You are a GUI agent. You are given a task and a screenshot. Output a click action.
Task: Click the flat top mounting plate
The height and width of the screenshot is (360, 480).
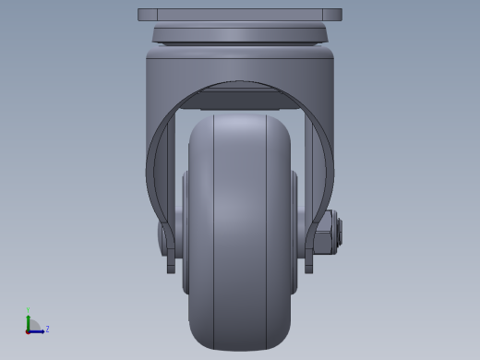pos(240,15)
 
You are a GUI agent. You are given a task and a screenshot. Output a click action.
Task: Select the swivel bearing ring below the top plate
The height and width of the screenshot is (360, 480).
pos(240,35)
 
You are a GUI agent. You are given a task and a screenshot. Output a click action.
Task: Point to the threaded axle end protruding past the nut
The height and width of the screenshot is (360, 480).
pos(339,232)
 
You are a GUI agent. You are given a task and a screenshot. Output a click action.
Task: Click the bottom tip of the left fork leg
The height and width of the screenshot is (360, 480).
pos(171,269)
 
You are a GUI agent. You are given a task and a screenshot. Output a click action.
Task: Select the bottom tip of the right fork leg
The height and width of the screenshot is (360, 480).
pos(309,269)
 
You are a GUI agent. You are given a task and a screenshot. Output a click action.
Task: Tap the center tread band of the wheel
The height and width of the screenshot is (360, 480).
pos(240,231)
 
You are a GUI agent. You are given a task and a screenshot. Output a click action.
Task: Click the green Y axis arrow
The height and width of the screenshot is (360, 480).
pos(29,319)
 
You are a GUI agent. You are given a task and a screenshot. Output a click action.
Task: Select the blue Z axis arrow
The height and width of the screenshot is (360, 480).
pos(38,330)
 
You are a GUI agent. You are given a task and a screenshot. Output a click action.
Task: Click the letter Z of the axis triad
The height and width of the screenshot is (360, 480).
pos(47,329)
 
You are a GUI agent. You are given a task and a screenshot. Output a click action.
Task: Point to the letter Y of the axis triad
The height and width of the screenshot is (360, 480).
pos(29,311)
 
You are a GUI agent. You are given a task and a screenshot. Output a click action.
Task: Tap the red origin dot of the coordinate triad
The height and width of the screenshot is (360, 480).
pos(29,330)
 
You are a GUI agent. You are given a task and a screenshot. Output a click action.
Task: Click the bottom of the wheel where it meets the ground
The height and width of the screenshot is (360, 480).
pos(240,348)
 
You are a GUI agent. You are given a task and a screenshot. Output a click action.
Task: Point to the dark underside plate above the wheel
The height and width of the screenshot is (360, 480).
pos(240,98)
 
